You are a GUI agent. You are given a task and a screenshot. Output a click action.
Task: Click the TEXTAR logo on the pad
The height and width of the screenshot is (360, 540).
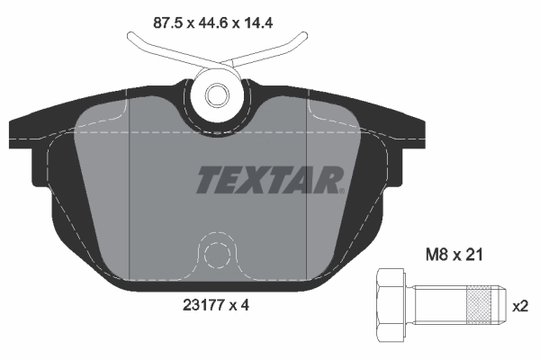269,180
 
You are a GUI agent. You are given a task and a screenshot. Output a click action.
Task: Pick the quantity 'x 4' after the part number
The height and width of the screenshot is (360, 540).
239,305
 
